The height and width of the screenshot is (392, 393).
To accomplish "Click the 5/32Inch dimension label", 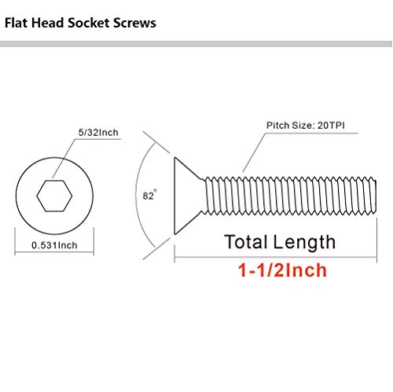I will point(98,133).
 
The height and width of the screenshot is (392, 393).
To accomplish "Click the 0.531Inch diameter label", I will point(55,245).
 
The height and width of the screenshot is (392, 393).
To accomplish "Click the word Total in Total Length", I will point(250,241).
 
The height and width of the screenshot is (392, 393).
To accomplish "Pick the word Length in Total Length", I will point(307,241).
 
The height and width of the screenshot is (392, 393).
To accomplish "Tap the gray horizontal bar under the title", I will point(196,46).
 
